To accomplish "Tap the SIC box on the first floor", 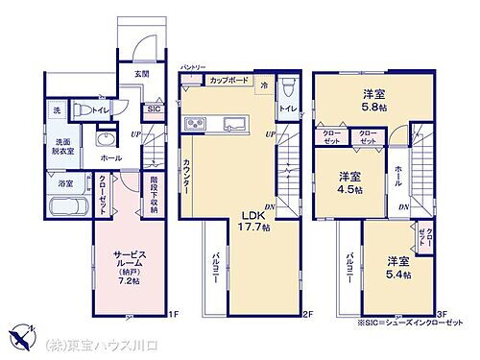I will (153, 108).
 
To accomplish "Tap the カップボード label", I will (230, 81).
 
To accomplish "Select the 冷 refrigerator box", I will (263, 85).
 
